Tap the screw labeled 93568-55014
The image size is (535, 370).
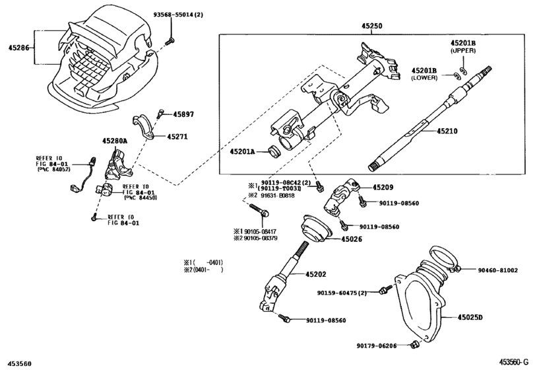coord(170,42)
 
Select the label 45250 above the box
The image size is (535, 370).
coord(372,26)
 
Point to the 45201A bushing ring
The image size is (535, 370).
coord(273,152)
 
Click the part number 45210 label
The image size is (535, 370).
coord(447,131)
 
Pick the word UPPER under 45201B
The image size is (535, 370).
coord(463,51)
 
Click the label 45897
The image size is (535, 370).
coord(183,114)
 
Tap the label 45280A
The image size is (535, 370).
coord(115,141)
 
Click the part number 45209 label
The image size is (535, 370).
coord(383,187)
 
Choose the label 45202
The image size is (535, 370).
coord(315,274)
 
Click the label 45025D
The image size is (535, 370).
coord(470,317)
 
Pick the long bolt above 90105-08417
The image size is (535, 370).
coord(259,209)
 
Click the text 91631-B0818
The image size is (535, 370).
coord(278,196)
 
